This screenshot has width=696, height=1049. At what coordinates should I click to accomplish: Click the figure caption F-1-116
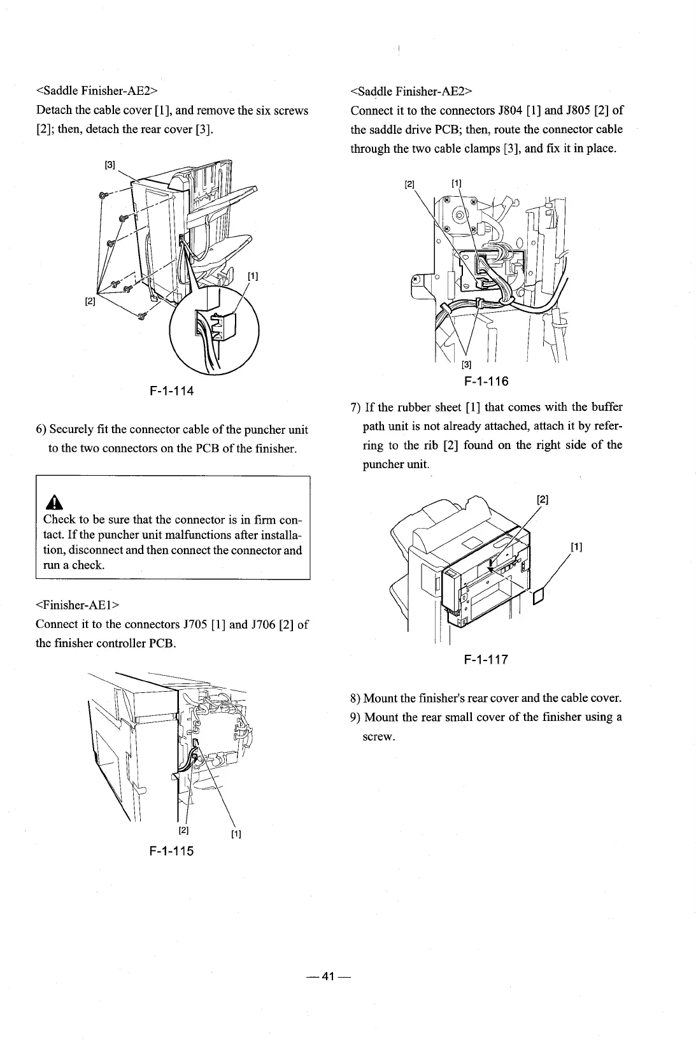(x=486, y=382)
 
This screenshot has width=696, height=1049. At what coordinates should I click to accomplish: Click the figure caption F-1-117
(x=486, y=659)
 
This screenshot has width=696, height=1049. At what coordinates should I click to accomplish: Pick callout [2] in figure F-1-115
(x=183, y=831)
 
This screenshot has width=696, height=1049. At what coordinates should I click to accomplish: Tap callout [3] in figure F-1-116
(x=467, y=365)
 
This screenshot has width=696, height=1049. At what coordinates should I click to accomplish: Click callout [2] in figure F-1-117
(x=543, y=499)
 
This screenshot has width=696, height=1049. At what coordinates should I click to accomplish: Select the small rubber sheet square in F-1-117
(x=538, y=596)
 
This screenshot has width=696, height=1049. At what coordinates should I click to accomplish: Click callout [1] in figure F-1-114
(x=253, y=276)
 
